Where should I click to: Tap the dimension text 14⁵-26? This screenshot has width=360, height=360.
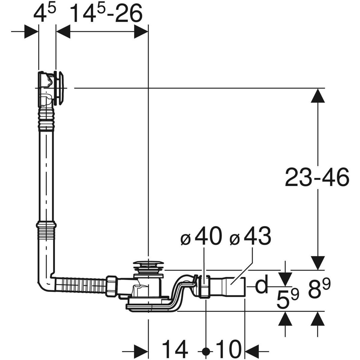107,13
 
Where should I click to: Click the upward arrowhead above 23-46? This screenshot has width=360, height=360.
318,95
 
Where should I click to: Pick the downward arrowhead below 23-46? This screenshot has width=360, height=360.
318,263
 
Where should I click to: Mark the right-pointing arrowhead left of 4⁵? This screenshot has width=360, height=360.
31,31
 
